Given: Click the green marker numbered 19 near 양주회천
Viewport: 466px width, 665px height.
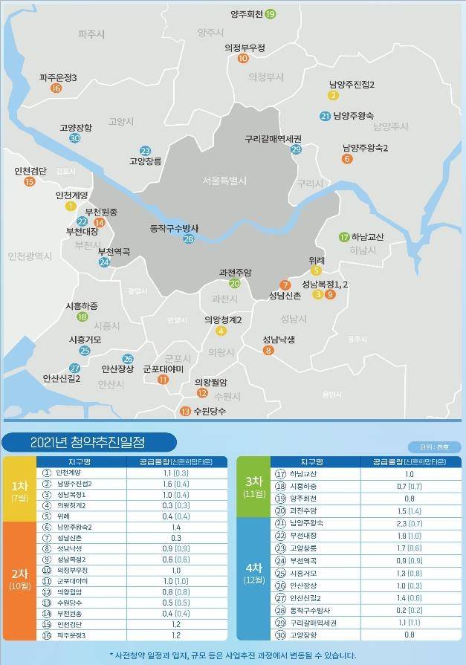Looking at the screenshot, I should coord(270,14).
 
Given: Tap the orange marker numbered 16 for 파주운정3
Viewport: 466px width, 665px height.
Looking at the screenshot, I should coord(56,88).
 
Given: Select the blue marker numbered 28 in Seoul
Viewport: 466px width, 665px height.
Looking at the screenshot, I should coord(189,239).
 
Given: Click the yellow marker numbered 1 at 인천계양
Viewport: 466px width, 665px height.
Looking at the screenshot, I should coord(71,206).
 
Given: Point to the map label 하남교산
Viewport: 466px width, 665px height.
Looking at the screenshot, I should coord(368,237).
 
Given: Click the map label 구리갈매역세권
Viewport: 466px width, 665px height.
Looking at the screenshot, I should coord(274,139).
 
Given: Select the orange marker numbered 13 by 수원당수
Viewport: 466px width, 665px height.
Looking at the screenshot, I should coord(185,411).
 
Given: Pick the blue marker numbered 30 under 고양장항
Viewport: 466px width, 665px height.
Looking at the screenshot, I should coord(74,138).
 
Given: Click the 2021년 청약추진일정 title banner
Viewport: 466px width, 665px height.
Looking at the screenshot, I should coord(88,441).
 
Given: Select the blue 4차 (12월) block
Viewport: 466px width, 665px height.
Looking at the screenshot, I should coord(251,575).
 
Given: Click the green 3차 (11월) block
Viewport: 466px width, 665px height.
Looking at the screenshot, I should coord(251,486).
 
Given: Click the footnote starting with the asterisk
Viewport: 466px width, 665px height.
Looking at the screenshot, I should coord(233,655).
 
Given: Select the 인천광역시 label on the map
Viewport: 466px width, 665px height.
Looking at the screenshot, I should coord(30,256).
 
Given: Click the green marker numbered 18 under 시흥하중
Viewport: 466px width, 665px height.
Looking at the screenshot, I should coord(82,317).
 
